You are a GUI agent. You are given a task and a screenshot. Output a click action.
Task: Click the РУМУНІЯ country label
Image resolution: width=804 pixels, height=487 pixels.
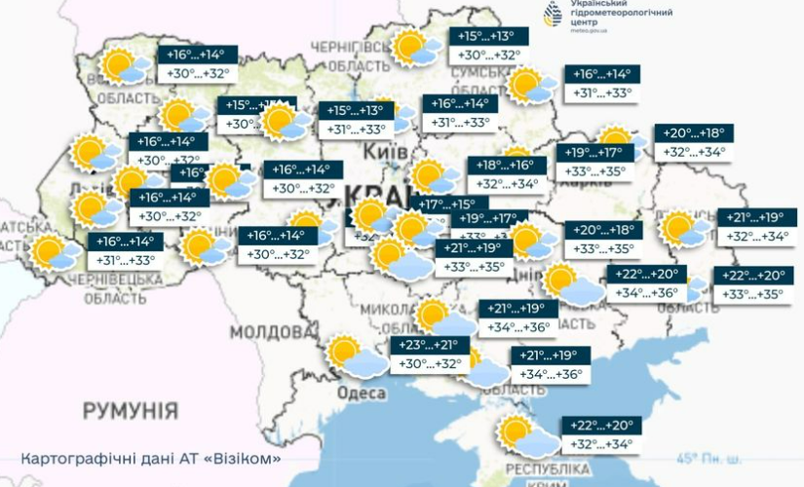(x=130, y=408)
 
